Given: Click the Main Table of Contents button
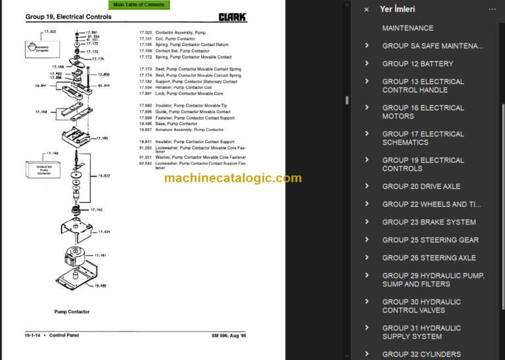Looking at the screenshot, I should [x=139, y=5].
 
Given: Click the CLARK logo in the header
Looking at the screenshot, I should [x=233, y=17].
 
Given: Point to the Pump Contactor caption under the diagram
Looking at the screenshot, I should [x=72, y=311].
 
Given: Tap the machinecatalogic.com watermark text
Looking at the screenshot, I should [x=233, y=178].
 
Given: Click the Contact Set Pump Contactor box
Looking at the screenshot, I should [x=44, y=170].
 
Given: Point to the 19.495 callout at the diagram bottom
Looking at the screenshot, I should [x=101, y=285].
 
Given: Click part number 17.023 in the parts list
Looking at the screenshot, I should [x=145, y=32].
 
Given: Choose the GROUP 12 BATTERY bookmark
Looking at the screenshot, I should [x=418, y=64].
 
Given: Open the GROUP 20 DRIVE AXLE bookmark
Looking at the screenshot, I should [x=421, y=186].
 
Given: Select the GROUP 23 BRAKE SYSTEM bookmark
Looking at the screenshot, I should [x=429, y=222].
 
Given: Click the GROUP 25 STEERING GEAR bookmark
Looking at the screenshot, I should [x=430, y=240].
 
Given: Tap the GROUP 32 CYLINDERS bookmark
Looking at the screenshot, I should [x=421, y=354].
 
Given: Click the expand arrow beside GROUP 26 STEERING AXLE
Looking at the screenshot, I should [x=366, y=258].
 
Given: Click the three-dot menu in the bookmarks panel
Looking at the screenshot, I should [x=492, y=9].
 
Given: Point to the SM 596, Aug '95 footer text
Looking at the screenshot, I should [x=229, y=336].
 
